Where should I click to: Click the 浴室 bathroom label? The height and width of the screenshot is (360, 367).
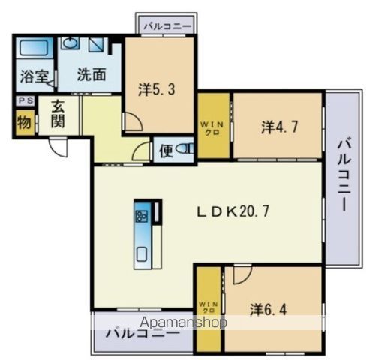[x=33, y=76]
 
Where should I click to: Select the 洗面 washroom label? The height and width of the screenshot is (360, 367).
[x=91, y=75]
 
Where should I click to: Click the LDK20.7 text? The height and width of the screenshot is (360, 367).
[x=233, y=211]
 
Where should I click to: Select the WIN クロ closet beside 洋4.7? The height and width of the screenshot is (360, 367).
[x=213, y=126]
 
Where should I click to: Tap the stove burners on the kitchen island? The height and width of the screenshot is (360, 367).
[x=142, y=217]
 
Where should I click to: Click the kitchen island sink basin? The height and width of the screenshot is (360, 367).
[x=142, y=252]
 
